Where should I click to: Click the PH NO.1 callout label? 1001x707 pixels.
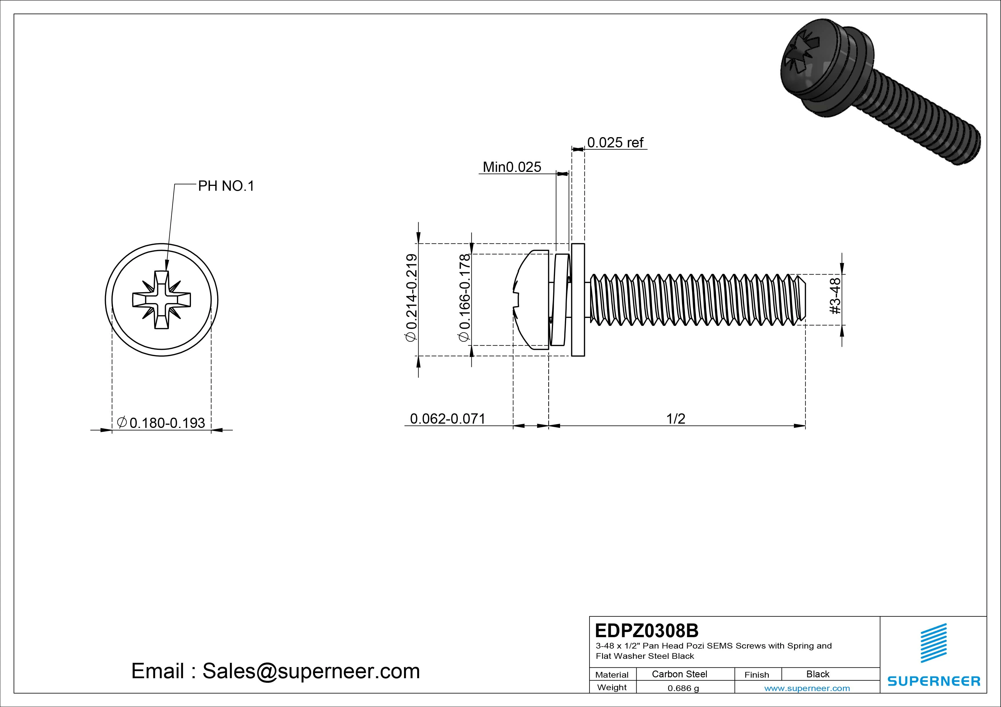pos(226,186)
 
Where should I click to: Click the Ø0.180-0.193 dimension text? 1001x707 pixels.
pos(161,423)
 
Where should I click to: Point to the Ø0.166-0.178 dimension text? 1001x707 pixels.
pos(464,298)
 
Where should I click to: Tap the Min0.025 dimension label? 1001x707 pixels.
pos(512,167)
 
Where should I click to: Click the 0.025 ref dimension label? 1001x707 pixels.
pos(615,143)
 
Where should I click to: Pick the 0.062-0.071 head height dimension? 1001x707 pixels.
pos(447,419)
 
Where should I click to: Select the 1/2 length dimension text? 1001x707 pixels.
pos(676,419)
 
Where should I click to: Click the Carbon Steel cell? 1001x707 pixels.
pos(679,674)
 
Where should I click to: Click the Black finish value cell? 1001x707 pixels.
pos(818,674)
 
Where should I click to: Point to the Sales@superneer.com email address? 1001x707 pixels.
pos(311,671)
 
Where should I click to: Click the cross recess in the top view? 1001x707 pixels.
pos(161,300)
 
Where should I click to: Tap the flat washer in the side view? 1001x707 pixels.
pos(578,300)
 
